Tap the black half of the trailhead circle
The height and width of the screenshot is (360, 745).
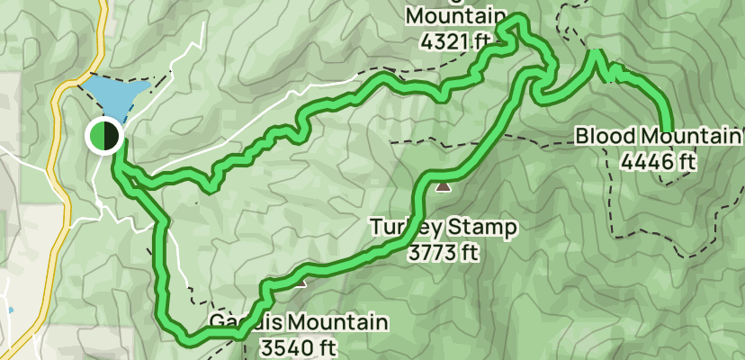click(x=112, y=136)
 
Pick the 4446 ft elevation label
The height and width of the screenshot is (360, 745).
click(x=659, y=162)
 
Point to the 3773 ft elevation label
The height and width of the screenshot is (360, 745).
click(x=442, y=252)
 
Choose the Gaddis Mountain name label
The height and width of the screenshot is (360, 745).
click(x=299, y=322)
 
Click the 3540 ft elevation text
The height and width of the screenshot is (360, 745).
click(x=296, y=346)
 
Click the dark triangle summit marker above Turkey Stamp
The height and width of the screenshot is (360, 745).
click(x=443, y=187)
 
